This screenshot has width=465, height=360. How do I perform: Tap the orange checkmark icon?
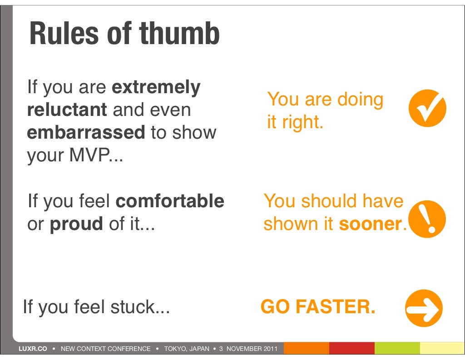pos(427,108)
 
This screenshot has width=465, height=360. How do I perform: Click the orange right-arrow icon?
pos(423,308)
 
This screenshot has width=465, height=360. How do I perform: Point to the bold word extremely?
pos(156,87)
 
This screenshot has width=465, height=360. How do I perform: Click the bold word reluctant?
pos(67,110)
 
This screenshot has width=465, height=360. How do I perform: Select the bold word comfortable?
pos(170,201)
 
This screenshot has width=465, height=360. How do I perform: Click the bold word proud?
pos(76,224)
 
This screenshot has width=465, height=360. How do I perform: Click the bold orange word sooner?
pos(371,224)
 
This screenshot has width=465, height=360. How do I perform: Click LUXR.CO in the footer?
pos(32,349)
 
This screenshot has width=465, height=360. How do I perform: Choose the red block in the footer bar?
pos(351,349)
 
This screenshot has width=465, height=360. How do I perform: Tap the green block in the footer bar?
pos(397,349)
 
